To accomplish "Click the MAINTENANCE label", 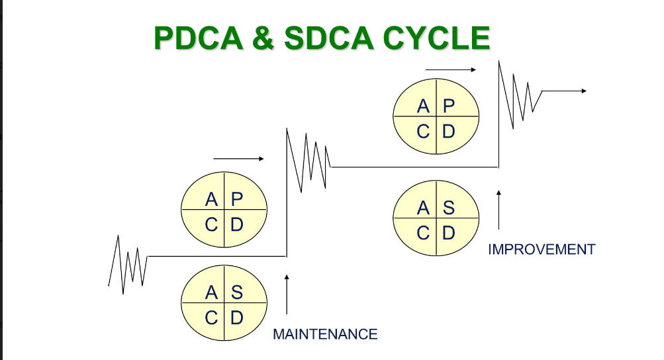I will pos(325,334).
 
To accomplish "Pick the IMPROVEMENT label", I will pos(542,249).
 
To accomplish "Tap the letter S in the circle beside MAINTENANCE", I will pos(237,292).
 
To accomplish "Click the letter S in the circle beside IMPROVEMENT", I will pos(449,208).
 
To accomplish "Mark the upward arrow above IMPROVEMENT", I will pos(498,210).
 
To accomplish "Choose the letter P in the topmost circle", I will pos(449,105).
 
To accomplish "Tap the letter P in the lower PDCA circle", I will pos(237,199).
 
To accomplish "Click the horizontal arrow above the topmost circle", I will pos(451,69).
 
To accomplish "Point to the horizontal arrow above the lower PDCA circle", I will pos(239,159).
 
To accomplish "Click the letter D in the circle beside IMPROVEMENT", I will pos(449,233).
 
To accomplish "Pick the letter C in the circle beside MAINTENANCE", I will pos(211,318).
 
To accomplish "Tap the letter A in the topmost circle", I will pos(423,105).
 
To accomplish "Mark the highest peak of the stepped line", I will pos(499,62).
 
